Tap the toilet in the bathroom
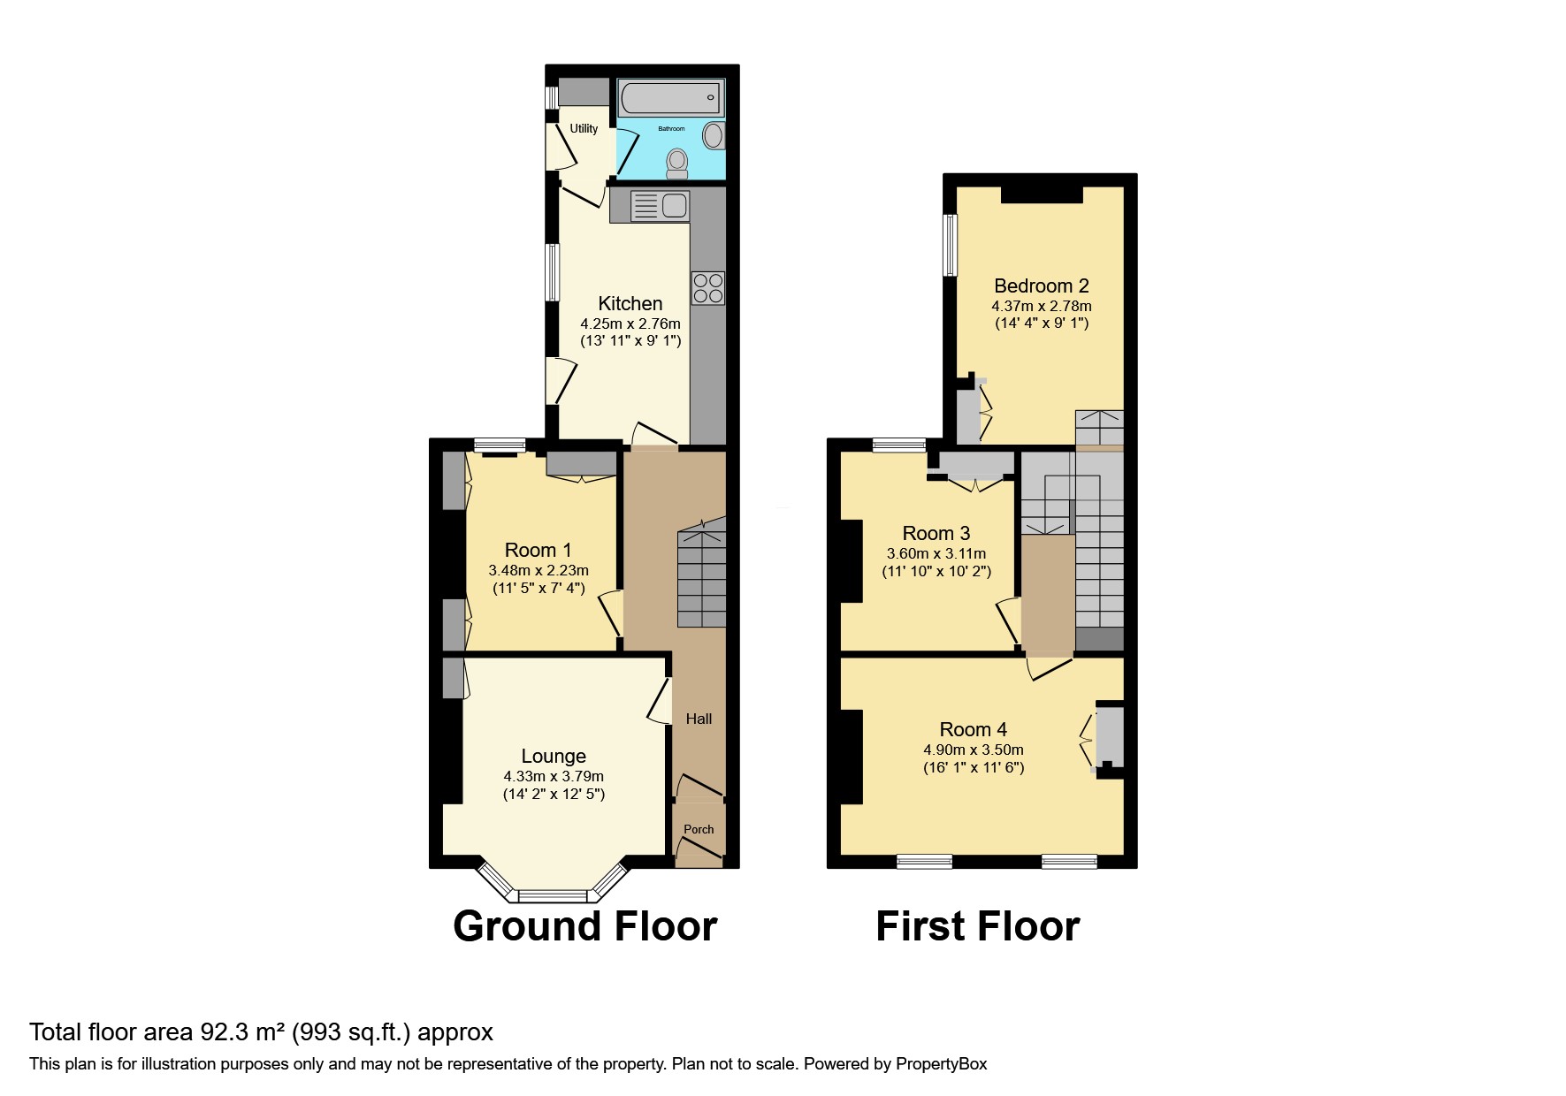point(677,164)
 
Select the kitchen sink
point(661,206)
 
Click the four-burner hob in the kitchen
point(707,288)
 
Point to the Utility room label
point(584,128)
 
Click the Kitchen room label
point(630,303)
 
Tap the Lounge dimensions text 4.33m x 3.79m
point(554,776)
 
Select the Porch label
point(699,829)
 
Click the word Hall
point(699,719)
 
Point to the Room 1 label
point(538,550)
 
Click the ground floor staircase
point(701,575)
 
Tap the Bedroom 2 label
point(1041,285)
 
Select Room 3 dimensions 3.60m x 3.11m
point(936,553)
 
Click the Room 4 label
point(973,729)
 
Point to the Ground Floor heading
point(584,926)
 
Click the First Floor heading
point(977,926)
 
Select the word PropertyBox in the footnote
point(941,1064)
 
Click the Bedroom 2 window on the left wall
point(950,245)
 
